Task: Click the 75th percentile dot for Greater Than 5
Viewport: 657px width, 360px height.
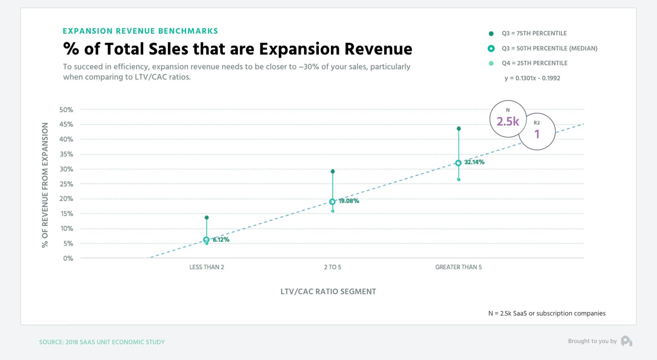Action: pyautogui.click(x=459, y=129)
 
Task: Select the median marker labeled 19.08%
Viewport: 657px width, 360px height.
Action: pyautogui.click(x=332, y=202)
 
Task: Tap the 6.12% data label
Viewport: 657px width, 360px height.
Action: pyautogui.click(x=221, y=240)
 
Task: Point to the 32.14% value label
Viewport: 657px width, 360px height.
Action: pyautogui.click(x=474, y=162)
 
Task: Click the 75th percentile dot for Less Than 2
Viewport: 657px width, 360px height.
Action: pyautogui.click(x=207, y=217)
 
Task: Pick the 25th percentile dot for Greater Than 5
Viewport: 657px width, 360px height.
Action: pyautogui.click(x=459, y=179)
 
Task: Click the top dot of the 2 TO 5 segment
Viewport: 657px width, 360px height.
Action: pyautogui.click(x=333, y=171)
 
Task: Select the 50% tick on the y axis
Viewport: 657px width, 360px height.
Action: pyautogui.click(x=66, y=110)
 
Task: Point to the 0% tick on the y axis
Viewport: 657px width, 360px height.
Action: pyautogui.click(x=68, y=258)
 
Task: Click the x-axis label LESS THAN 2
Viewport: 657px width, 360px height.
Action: pyautogui.click(x=207, y=267)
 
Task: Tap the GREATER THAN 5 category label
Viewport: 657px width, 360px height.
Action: pyautogui.click(x=458, y=267)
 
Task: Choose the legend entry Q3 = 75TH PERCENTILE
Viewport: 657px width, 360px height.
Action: pyautogui.click(x=534, y=33)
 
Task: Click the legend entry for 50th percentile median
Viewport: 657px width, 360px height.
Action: pyautogui.click(x=549, y=48)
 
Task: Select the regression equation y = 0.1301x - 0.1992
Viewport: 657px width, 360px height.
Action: pyautogui.click(x=532, y=78)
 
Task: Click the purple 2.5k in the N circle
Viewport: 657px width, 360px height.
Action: pyautogui.click(x=508, y=121)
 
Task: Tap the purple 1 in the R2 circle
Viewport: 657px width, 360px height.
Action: pyautogui.click(x=537, y=134)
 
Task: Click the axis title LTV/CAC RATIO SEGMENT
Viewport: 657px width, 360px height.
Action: pyautogui.click(x=328, y=292)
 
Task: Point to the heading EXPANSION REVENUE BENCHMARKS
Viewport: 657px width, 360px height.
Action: pyautogui.click(x=140, y=31)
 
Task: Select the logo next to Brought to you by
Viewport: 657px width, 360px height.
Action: pyautogui.click(x=626, y=341)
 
